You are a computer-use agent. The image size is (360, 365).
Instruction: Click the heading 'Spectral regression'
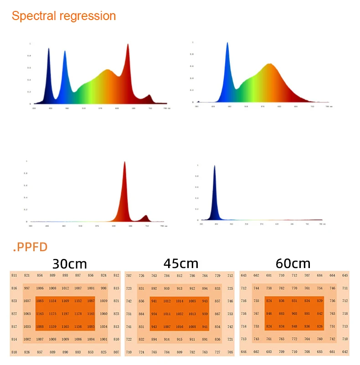(64, 16)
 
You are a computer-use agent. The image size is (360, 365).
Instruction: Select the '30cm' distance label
(70, 264)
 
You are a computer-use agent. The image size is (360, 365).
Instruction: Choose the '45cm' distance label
(181, 264)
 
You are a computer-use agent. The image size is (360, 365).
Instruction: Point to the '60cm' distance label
(293, 264)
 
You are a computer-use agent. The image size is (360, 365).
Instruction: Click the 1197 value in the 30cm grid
(66, 314)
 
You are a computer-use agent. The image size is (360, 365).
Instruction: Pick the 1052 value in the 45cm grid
(180, 314)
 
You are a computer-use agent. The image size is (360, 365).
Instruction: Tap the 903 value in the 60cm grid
(294, 314)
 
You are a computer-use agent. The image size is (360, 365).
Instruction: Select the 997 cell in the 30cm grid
(27, 288)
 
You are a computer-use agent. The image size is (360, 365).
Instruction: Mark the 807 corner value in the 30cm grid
(116, 352)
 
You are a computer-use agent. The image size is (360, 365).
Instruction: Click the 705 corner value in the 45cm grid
(230, 352)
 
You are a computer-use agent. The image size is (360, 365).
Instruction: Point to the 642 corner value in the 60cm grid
(345, 352)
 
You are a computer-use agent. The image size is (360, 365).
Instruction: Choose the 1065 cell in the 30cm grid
(27, 314)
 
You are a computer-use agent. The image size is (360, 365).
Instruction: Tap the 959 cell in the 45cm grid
(205, 314)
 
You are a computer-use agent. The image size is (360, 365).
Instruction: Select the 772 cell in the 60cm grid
(294, 339)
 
